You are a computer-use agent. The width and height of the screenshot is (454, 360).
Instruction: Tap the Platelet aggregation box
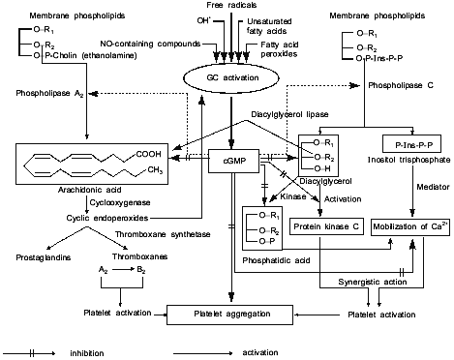coord(229,315)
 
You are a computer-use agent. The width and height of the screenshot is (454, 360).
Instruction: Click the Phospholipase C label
coord(399,85)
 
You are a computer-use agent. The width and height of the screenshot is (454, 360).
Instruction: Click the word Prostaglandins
coord(42,257)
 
